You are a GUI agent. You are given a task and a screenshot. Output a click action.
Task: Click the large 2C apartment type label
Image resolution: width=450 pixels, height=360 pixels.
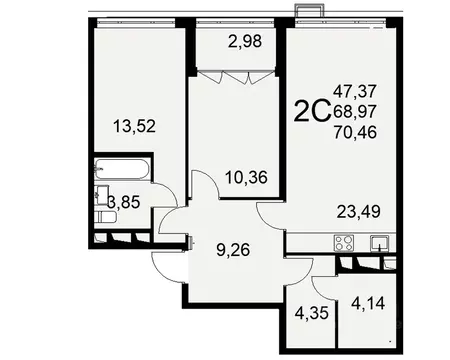(313, 111)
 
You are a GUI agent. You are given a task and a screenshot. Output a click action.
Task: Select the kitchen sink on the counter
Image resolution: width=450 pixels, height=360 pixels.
(381, 241)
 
